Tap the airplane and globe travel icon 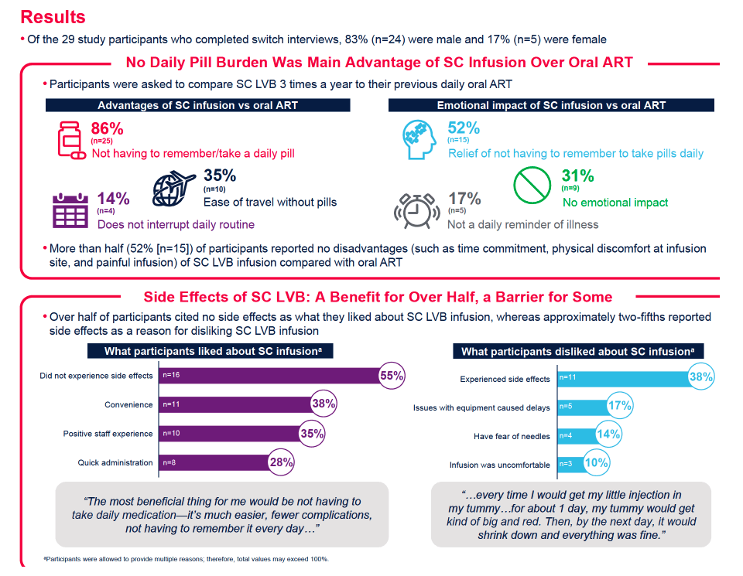(173, 189)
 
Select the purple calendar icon (70, 210)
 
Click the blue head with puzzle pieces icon (419, 139)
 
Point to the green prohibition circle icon (532, 185)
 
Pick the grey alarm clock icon (416, 210)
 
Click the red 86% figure (107, 128)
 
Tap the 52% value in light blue (464, 128)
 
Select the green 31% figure (577, 176)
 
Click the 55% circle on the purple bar (392, 375)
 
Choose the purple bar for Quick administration (214, 462)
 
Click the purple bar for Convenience (235, 404)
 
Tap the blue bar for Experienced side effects (622, 378)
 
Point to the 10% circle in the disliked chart (596, 462)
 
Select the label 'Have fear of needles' (512, 436)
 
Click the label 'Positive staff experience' (108, 434)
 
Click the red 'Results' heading (53, 17)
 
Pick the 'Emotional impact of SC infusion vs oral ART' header (551, 105)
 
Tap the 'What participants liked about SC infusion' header (211, 351)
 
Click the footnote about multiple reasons (187, 559)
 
